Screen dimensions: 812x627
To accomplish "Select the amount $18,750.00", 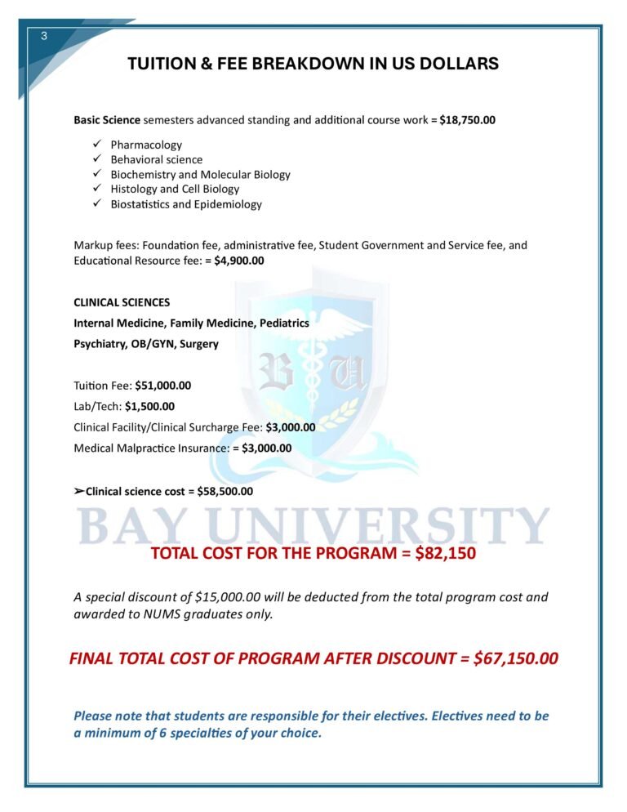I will click(467, 120).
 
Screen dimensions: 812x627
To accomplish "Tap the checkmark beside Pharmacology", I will click(96, 145).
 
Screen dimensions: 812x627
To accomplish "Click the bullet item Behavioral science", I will click(157, 159).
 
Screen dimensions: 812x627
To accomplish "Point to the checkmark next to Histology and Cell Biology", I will click(96, 189).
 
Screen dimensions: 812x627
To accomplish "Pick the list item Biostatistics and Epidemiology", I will click(186, 204).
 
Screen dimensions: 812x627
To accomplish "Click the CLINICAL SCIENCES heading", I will click(122, 302).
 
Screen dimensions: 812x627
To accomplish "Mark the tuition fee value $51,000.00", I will click(162, 385).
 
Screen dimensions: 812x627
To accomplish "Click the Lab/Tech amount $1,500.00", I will click(149, 406).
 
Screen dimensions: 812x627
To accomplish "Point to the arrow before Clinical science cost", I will click(78, 491).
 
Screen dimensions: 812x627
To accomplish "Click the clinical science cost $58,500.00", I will click(225, 491).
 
